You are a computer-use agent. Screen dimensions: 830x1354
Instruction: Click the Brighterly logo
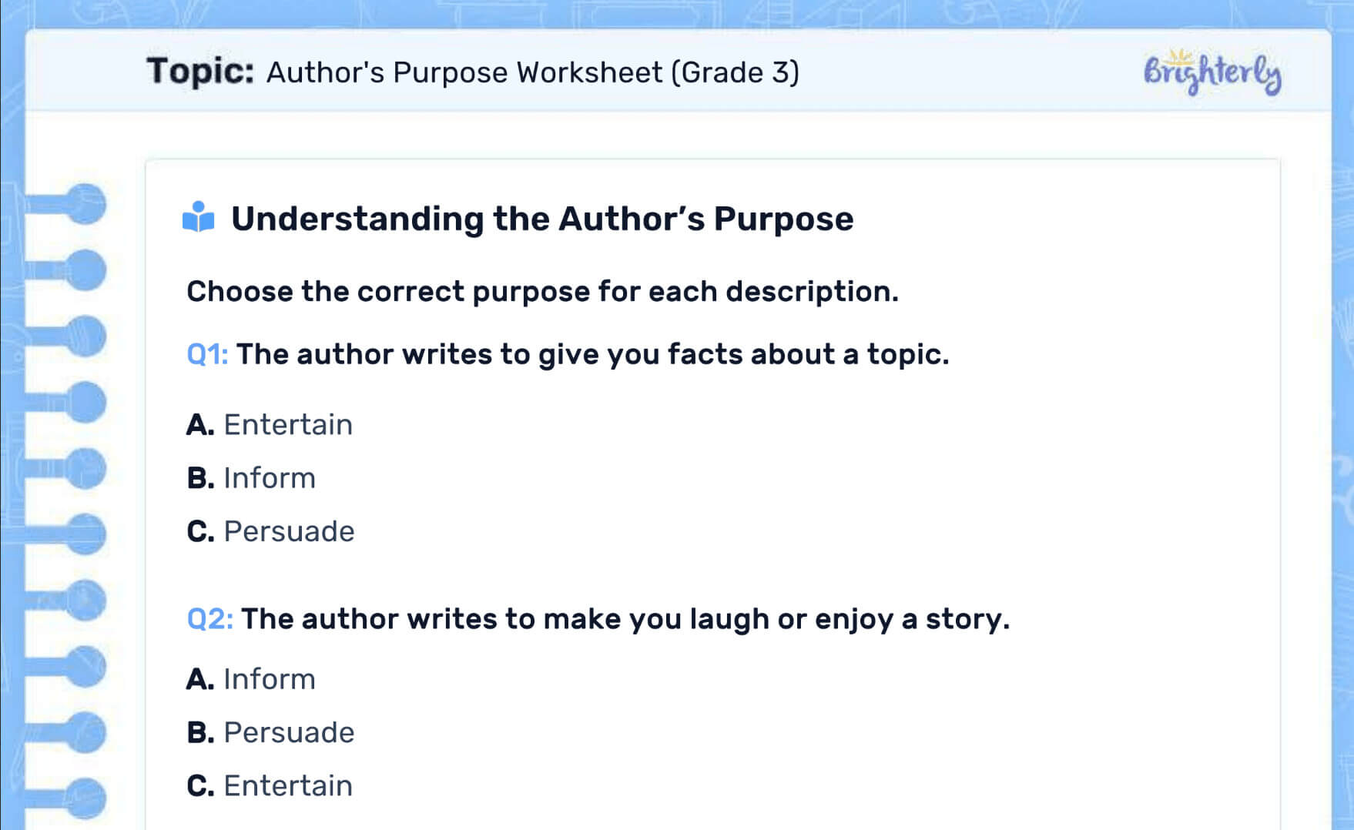pos(1212,72)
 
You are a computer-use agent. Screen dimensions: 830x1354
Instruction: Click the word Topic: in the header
pos(200,72)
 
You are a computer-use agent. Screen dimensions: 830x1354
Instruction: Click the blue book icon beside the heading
pos(198,217)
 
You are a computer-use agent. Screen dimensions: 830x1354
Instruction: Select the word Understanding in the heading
pos(357,219)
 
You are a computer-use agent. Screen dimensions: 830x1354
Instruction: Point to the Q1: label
pos(207,354)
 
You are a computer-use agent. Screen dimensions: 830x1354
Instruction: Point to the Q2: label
pos(209,619)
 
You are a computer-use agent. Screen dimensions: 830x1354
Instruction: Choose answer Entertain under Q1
pos(287,424)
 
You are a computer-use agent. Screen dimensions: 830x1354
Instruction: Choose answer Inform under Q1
pos(269,478)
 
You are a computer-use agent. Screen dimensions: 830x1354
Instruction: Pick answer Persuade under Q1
pos(288,531)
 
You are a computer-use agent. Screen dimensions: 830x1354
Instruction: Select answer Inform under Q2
pos(269,679)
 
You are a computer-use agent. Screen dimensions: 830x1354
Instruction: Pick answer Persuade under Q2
pos(288,732)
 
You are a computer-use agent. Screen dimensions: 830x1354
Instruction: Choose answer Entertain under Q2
pos(287,785)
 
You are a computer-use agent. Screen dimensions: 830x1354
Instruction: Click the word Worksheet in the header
pos(589,72)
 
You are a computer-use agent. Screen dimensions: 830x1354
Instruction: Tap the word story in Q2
pos(966,619)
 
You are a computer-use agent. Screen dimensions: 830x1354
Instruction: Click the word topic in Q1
pos(906,354)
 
